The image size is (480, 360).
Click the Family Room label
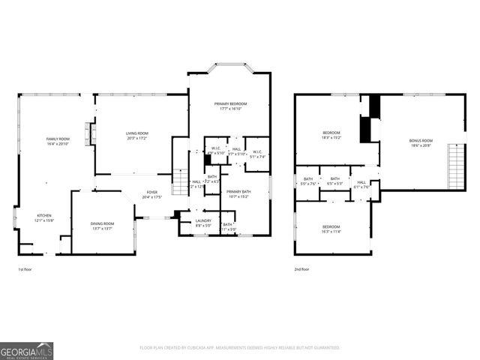click(58, 139)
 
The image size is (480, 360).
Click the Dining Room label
click(103, 223)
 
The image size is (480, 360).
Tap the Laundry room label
click(203, 220)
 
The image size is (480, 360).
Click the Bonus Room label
click(421, 140)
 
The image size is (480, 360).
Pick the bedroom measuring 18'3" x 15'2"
click(331, 133)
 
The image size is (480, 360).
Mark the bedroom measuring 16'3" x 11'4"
click(331, 227)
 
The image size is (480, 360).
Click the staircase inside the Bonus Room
click(453, 166)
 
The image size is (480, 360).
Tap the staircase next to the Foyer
click(180, 181)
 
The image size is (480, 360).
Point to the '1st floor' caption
click(26, 268)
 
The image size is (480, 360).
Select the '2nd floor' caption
click(302, 268)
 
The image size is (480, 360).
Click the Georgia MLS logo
click(26, 349)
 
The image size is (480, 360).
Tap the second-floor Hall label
click(361, 182)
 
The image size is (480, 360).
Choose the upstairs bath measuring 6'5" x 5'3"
click(335, 181)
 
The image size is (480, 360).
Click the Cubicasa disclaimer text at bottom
click(240, 348)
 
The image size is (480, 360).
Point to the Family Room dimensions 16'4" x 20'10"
click(58, 143)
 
